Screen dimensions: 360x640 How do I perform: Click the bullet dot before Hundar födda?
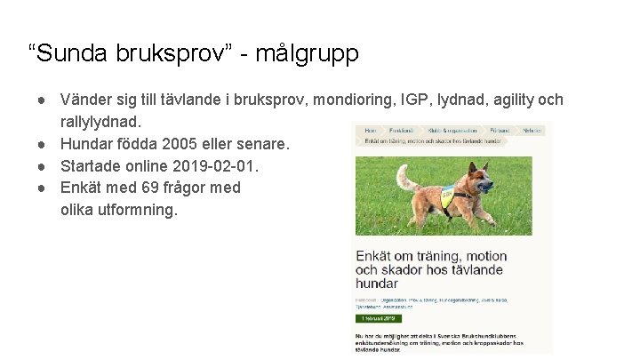(42, 143)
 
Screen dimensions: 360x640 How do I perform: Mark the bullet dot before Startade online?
(42, 165)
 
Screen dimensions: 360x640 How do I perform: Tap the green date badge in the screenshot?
(378, 317)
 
